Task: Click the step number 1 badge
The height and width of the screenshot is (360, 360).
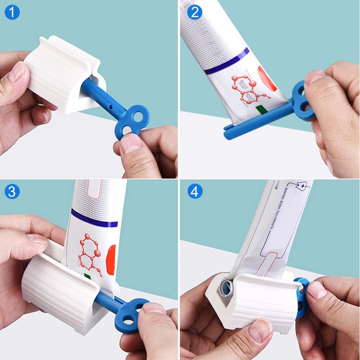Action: point(12,12)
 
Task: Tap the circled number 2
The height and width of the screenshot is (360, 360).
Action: point(195,12)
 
